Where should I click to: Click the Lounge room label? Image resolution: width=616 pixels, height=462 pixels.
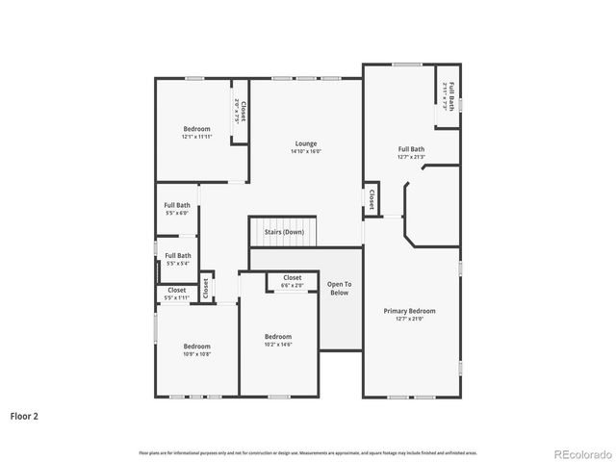coord(306,143)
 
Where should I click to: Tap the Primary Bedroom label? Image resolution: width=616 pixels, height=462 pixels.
coord(410,311)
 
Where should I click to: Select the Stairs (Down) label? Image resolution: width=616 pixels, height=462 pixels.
coord(284,232)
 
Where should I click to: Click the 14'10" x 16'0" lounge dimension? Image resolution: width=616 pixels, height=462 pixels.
coord(306,151)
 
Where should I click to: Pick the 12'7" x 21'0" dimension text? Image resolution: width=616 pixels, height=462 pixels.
coord(410,320)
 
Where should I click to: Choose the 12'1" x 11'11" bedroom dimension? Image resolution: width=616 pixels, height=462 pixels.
coord(197,137)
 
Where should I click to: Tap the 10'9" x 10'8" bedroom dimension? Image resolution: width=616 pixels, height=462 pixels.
coord(197,354)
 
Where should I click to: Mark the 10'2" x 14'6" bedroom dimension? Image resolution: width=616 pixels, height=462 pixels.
coord(279,345)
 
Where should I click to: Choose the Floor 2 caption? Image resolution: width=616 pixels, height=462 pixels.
coord(24,417)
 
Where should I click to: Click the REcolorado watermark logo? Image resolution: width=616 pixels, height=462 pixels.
coord(579,452)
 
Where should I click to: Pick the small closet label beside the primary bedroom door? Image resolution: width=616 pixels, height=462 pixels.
coord(372,198)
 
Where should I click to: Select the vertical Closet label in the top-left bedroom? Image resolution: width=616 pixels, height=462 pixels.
coord(244,112)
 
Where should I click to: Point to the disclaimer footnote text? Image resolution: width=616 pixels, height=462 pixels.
coord(308,452)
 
